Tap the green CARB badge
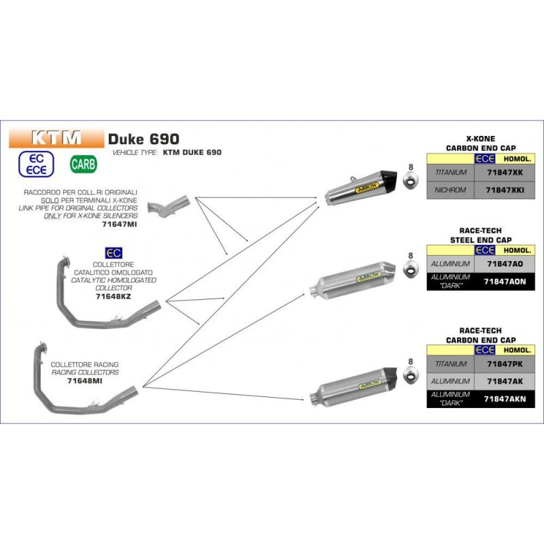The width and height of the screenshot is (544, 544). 84,164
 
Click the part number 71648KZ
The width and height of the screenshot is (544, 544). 114,296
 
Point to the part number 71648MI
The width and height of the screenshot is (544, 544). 84,381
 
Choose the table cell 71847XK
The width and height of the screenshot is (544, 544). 504,173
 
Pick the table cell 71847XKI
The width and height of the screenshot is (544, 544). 504,190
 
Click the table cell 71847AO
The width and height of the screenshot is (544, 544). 504,262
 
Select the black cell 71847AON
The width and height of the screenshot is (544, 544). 504,281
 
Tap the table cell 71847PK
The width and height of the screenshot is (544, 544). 504,364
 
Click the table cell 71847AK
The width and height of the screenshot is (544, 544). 504,381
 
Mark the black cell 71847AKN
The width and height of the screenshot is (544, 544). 504,399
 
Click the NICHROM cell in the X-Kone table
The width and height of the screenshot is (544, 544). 450,190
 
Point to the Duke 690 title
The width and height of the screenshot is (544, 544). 143,138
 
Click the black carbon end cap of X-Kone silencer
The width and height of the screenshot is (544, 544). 388,180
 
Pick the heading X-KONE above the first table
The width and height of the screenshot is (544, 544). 480,138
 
